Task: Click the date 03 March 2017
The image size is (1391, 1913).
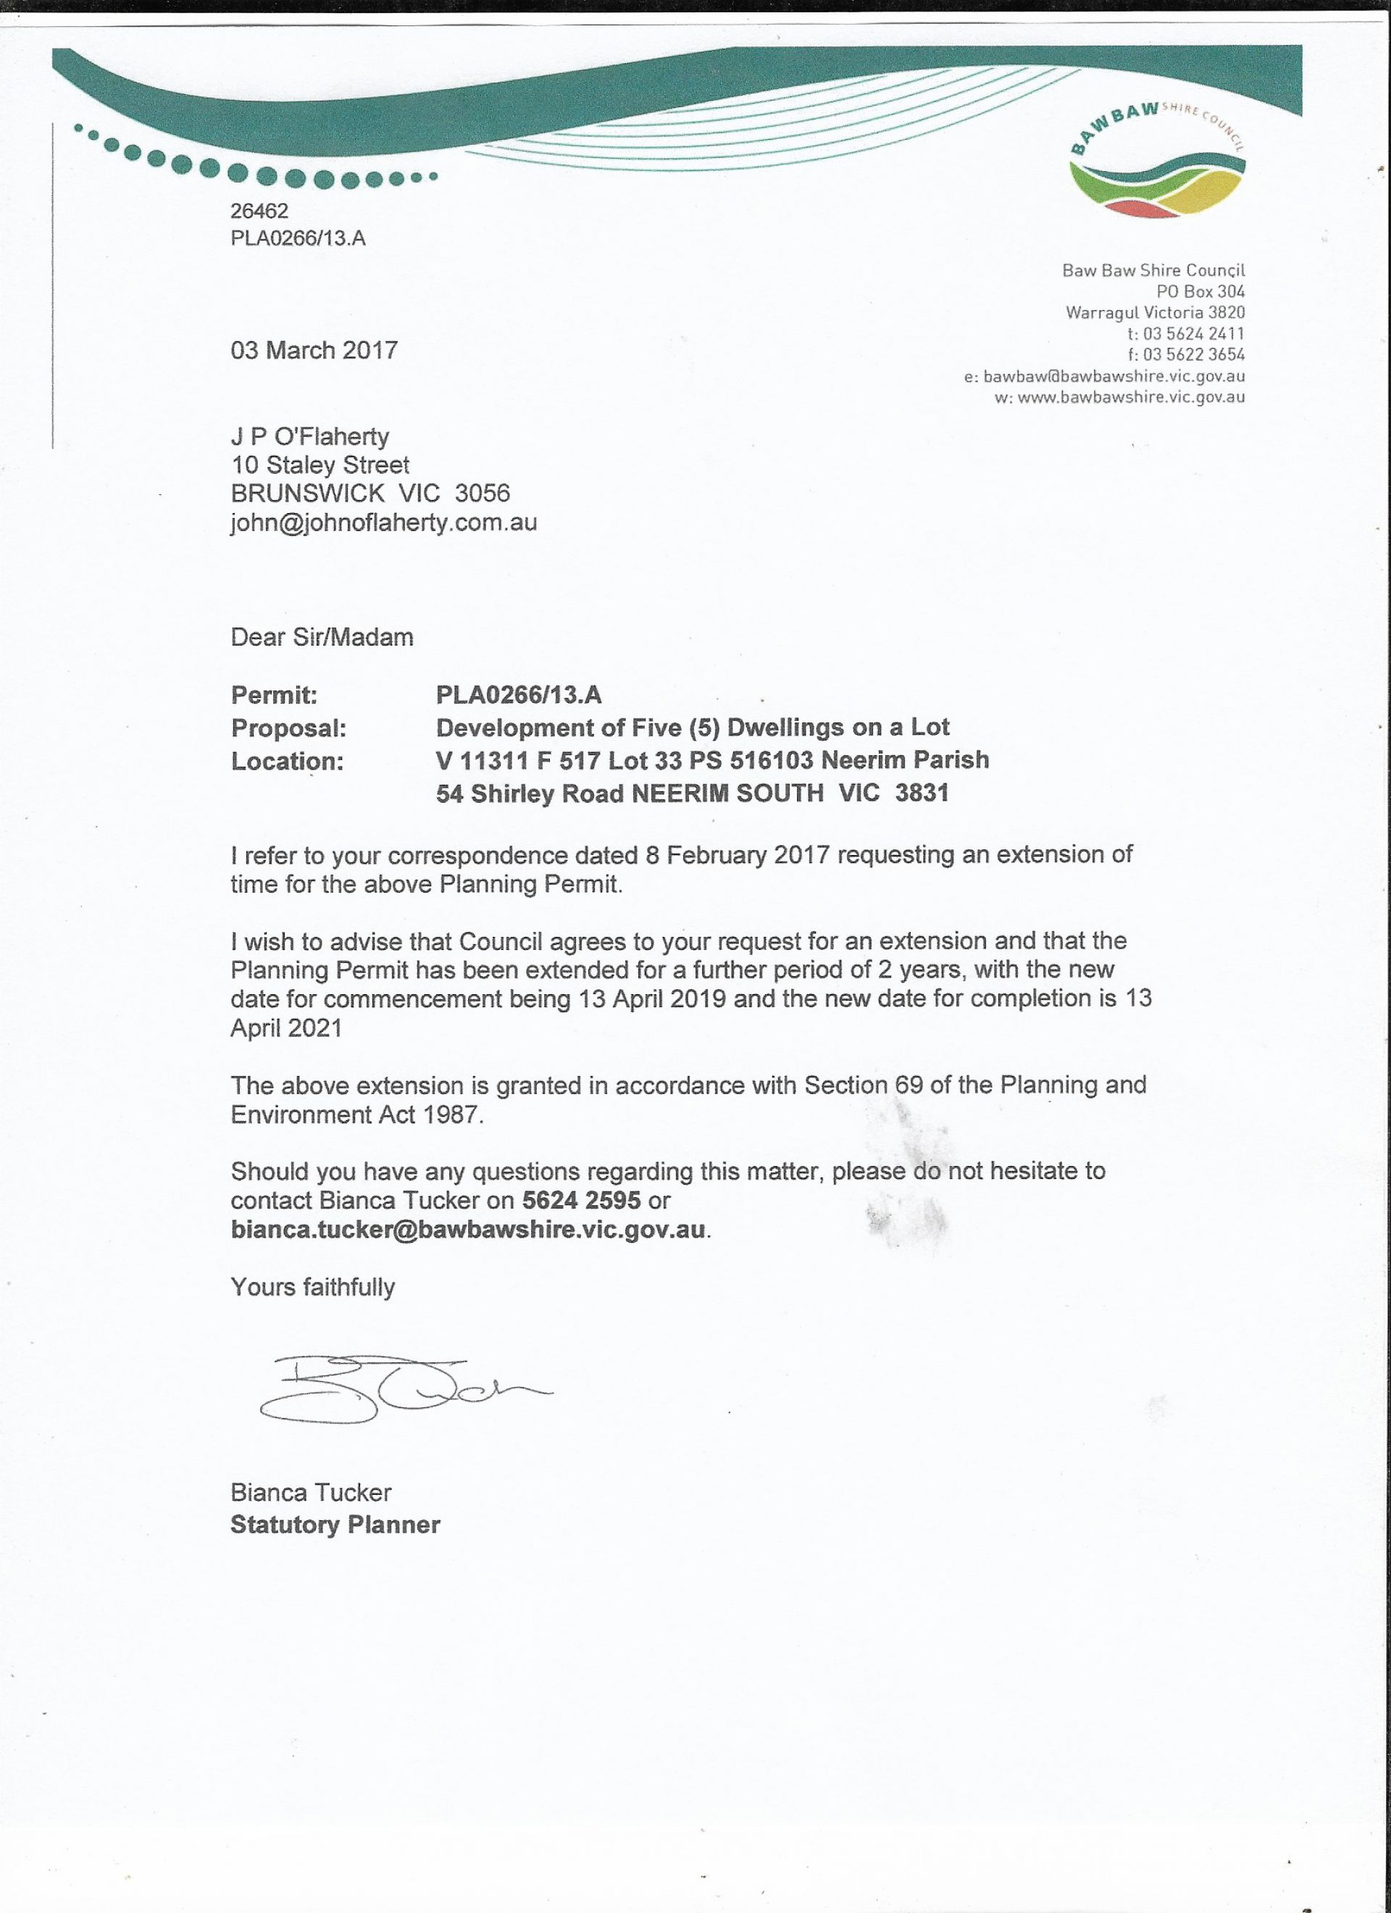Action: tap(314, 350)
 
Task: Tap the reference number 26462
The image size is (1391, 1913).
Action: tap(259, 211)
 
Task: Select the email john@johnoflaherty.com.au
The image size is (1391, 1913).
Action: tap(384, 522)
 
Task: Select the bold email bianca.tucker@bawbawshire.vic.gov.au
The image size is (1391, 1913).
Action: tap(468, 1229)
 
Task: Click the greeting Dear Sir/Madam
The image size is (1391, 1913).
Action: tap(322, 637)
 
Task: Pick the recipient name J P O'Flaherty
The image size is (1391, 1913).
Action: tap(309, 437)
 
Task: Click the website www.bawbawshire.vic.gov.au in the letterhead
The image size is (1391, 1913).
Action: tap(1131, 397)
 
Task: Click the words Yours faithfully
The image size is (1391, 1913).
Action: tap(312, 1287)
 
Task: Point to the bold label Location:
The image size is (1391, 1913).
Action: tap(287, 761)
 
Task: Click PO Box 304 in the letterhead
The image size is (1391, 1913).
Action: tap(1200, 292)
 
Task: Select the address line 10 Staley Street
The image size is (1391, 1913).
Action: tap(319, 464)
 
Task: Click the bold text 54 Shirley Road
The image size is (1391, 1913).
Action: tap(530, 793)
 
